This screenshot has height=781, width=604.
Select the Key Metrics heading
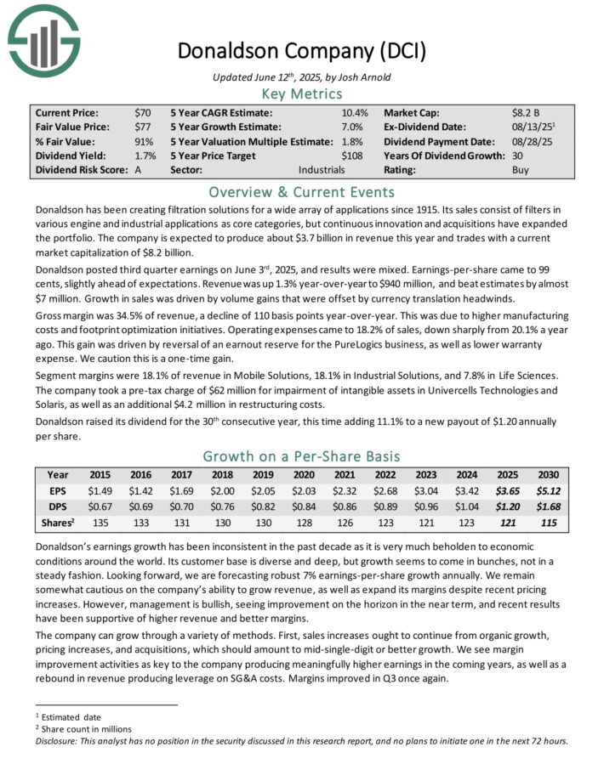pos(301,94)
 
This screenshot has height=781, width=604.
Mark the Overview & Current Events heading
pos(301,192)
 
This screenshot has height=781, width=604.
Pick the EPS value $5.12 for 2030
pos(548,491)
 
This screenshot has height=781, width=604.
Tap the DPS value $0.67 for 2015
pos(101,507)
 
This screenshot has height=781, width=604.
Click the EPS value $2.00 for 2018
pos(223,491)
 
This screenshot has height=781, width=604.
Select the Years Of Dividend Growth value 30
pos(518,156)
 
